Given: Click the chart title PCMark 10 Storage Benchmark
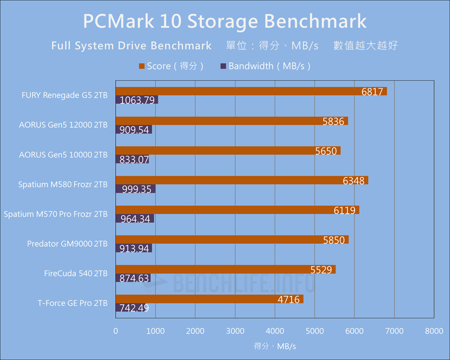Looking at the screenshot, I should click(225, 21).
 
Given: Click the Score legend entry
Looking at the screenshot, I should click(171, 66).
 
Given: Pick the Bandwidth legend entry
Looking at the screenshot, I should click(265, 66).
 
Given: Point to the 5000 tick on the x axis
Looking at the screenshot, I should click(315, 331).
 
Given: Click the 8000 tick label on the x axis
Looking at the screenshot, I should click(434, 331).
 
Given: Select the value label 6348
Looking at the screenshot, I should click(354, 181).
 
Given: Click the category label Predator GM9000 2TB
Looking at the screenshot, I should click(67, 244).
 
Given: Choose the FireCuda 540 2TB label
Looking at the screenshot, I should click(76, 274).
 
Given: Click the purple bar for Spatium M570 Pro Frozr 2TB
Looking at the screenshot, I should click(135, 219).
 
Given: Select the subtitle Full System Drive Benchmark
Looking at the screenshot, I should click(131, 45).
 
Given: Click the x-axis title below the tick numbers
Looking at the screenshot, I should click(275, 346).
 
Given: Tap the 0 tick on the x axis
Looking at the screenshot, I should click(116, 331).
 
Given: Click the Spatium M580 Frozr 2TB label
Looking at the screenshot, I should click(63, 184).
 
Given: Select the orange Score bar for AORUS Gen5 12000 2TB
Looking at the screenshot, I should click(232, 121).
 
